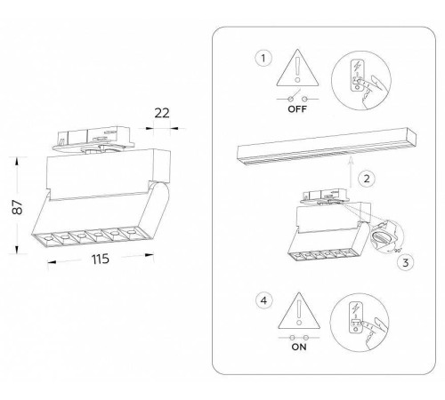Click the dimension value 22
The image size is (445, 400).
coord(162,113)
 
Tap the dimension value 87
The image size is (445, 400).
coord(18,207)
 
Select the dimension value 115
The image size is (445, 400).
coord(101,260)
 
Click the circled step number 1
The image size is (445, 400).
coord(263,58)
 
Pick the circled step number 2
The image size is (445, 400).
coord(367,179)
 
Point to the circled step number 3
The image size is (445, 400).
coord(406,262)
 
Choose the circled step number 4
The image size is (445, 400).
coord(263,300)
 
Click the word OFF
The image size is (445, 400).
coord(297,109)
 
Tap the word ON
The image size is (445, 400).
coord(299,347)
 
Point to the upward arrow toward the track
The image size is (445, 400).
coord(351,172)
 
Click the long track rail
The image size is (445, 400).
coord(327,146)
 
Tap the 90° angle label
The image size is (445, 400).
coord(398,250)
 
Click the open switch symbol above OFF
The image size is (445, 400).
coord(297,97)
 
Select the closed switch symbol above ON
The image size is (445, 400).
coord(299,338)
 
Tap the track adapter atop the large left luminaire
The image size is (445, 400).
coord(93,139)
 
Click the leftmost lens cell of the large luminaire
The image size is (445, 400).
coord(45,238)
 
